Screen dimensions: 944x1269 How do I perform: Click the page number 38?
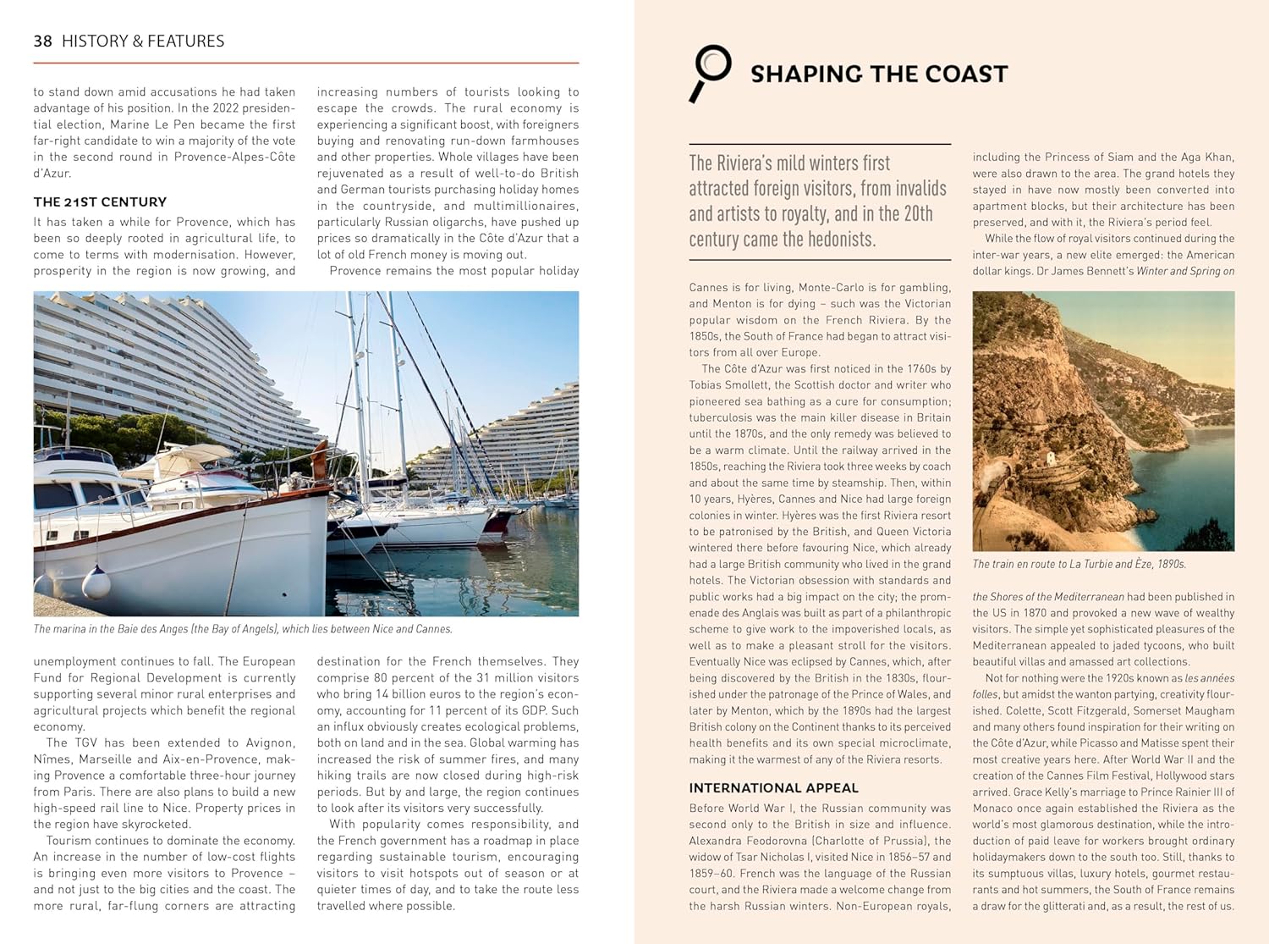42,41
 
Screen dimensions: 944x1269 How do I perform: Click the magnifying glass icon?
710,72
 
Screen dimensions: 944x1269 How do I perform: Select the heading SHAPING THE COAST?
879,75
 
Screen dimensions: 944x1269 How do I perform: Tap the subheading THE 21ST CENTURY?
100,201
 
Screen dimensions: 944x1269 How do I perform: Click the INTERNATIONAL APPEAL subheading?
773,787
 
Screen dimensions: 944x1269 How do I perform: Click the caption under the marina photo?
243,629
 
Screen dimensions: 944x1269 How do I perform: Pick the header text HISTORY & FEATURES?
143,41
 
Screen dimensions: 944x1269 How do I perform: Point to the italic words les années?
1210,678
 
